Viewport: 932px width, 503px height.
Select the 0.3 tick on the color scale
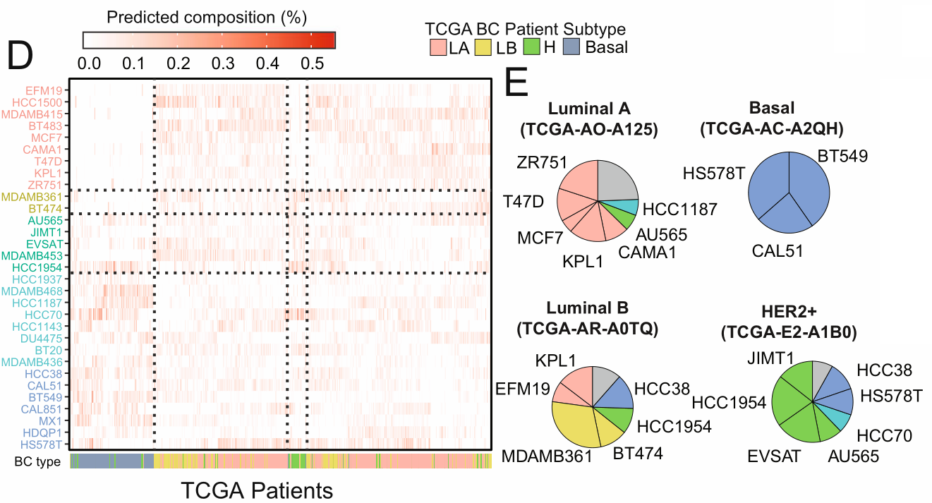(x=224, y=63)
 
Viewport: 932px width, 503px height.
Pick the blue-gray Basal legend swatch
(x=572, y=47)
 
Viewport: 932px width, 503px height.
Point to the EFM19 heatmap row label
(x=44, y=90)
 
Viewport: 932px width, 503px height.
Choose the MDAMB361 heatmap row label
(x=35, y=197)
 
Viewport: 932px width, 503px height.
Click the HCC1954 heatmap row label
(x=38, y=268)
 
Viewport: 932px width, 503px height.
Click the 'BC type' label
(x=36, y=462)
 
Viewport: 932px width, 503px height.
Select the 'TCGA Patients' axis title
(x=257, y=490)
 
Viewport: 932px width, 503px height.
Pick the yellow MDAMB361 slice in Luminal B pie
(x=576, y=424)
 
